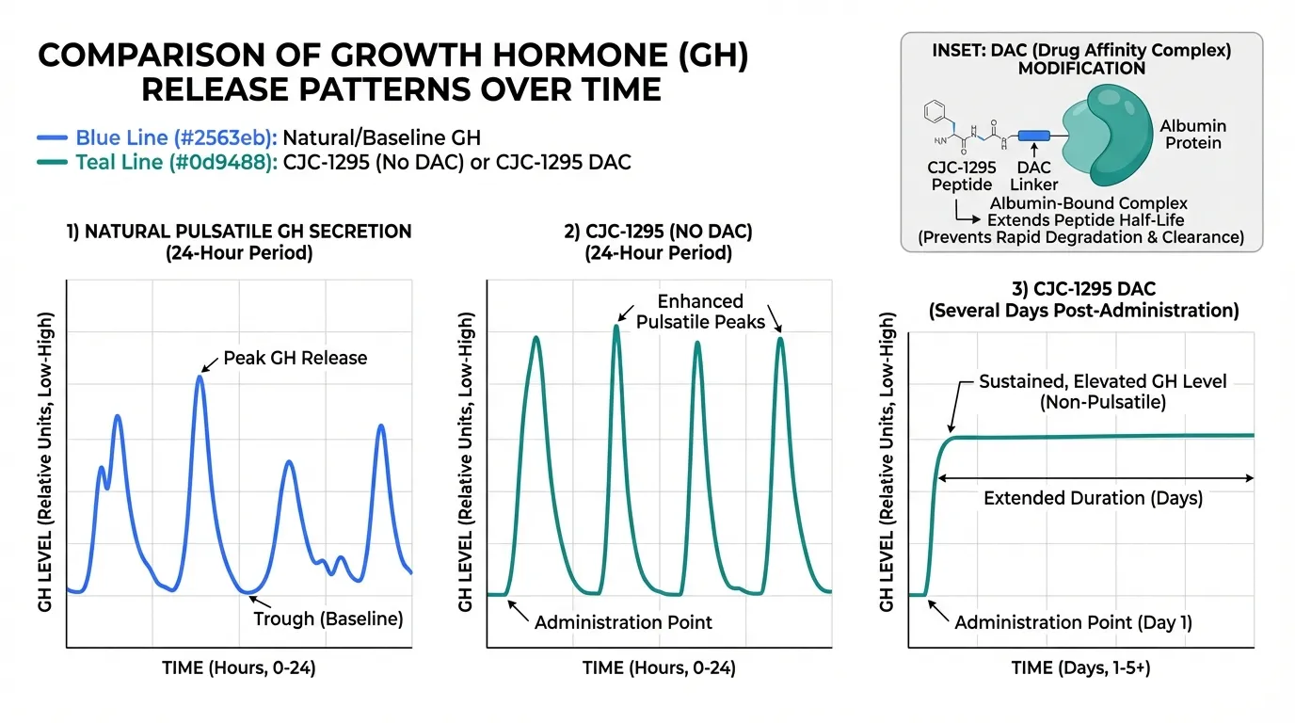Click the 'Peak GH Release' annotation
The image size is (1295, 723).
[x=295, y=358]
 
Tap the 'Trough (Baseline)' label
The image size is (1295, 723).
[x=328, y=619]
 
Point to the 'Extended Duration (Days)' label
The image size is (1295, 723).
[x=1093, y=498]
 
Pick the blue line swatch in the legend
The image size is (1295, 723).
[x=53, y=137]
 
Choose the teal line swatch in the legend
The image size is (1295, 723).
[x=53, y=163]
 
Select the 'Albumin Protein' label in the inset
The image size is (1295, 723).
[x=1192, y=135]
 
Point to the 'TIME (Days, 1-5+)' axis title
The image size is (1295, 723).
[x=1080, y=668]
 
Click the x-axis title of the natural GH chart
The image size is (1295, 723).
[x=237, y=668]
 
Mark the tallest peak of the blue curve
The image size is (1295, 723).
[x=200, y=378]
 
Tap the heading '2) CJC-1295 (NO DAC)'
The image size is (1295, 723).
[x=658, y=232]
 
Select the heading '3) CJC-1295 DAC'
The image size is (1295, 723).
[x=1082, y=286]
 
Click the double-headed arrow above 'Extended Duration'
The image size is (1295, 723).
[x=1093, y=478]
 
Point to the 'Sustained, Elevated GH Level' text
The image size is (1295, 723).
[x=1103, y=382]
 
